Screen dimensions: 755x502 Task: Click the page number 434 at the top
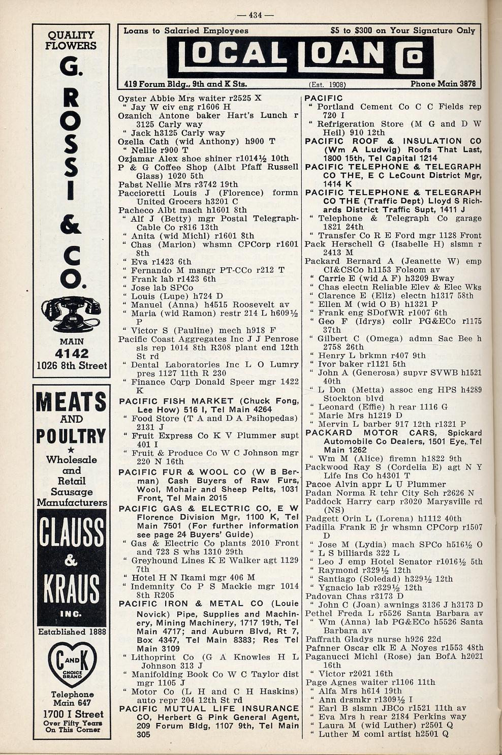coord(255,15)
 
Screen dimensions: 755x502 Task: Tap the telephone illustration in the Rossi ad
coord(71,314)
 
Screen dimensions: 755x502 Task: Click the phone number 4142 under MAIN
coord(72,354)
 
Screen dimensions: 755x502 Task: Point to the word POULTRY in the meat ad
coord(71,436)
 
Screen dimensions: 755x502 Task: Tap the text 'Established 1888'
coord(72,632)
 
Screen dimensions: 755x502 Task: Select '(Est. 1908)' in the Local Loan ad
coord(327,85)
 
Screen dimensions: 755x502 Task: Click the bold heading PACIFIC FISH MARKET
coord(176,401)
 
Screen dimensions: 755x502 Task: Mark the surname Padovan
coord(323,596)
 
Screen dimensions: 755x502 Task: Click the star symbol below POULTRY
coord(71,450)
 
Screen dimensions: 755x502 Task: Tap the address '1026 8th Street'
coord(72,366)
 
